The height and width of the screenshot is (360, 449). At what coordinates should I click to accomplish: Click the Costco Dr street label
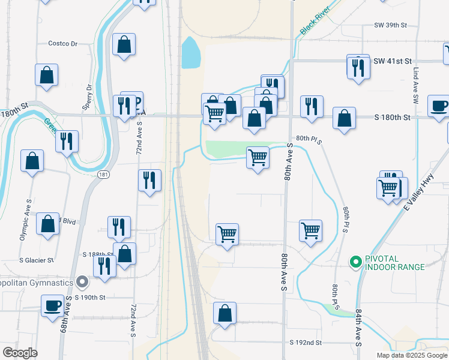point(67,44)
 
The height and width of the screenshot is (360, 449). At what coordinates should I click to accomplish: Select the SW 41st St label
point(393,61)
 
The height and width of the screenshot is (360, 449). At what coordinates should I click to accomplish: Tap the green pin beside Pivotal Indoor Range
point(355,262)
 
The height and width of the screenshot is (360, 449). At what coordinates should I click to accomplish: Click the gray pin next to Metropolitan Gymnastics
point(82,281)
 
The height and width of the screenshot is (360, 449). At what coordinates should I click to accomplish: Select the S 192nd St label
point(306,343)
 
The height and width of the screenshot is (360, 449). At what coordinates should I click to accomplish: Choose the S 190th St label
point(90,298)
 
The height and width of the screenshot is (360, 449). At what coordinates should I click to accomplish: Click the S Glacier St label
point(37,260)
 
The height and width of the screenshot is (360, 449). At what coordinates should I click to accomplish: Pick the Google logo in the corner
point(20,353)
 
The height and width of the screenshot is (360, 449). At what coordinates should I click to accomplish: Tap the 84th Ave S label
point(358,328)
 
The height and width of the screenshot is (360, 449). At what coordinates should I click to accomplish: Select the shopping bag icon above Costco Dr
point(124,44)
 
